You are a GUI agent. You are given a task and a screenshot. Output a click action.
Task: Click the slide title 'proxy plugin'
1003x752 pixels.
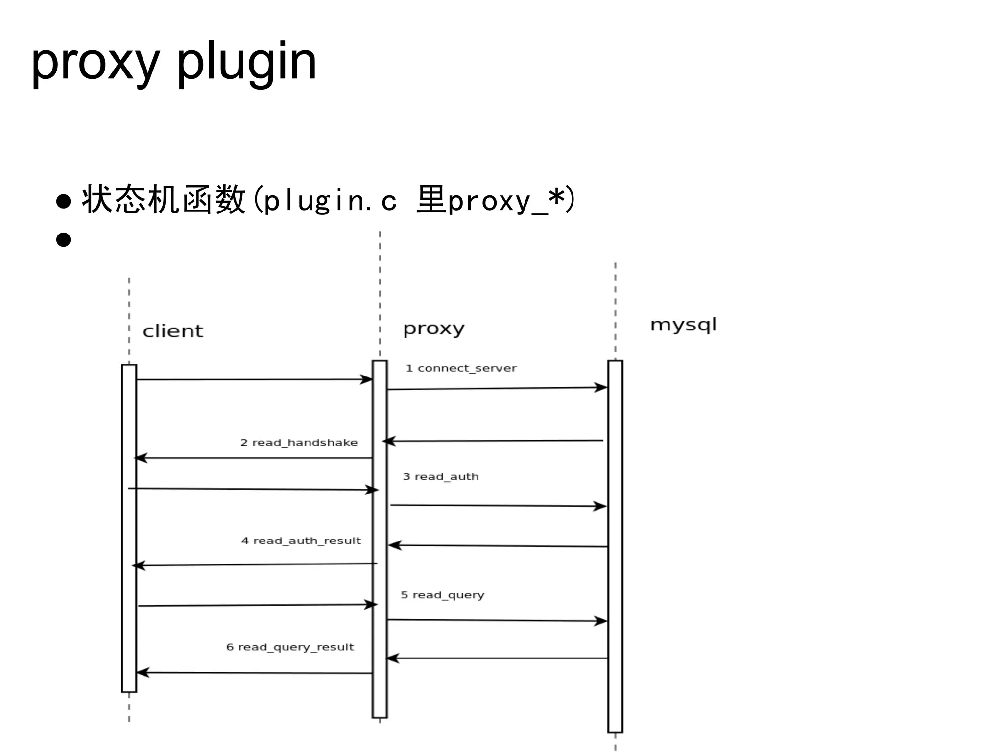(173, 63)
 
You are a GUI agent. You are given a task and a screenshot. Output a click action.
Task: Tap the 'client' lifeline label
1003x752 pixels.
(172, 331)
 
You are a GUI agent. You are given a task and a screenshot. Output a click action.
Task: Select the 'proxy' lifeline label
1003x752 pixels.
(433, 329)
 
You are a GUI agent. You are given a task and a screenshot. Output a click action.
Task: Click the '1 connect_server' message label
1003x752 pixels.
(461, 368)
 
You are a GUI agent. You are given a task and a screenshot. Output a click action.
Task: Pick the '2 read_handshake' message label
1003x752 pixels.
(299, 443)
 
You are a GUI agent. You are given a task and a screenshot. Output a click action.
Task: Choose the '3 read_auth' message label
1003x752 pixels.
(440, 477)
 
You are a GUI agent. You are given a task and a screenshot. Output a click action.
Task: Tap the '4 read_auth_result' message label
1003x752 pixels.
(301, 541)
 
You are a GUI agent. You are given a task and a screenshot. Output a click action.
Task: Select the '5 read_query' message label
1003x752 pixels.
(442, 595)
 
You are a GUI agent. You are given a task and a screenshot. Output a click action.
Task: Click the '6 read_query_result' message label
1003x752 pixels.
(290, 647)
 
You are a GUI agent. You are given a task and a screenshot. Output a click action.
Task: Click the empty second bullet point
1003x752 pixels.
(64, 240)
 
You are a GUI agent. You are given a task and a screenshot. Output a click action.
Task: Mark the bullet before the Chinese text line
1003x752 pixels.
(64, 201)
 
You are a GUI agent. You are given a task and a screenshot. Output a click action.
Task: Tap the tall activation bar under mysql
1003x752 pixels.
(615, 546)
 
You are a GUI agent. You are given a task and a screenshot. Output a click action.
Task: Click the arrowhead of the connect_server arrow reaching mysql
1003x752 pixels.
(601, 388)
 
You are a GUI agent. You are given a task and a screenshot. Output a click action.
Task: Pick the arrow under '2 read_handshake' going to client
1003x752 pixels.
(254, 458)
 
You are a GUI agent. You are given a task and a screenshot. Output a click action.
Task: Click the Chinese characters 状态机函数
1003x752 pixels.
(163, 200)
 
